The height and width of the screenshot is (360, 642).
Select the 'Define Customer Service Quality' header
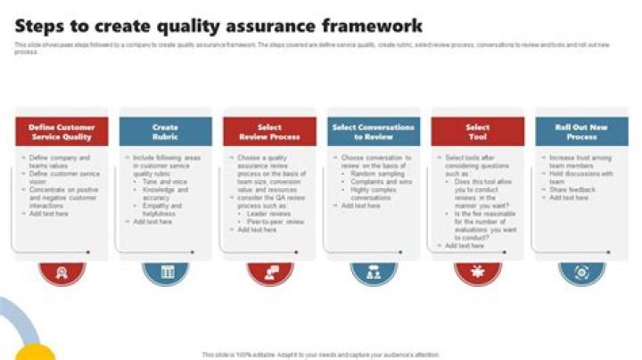61,132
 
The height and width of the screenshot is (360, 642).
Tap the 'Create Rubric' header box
165,132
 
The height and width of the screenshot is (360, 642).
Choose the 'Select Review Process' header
269,132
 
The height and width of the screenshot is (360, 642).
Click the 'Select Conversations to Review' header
374,132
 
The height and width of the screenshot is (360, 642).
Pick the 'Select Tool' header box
478,132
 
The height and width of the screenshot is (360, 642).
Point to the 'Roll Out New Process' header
581,132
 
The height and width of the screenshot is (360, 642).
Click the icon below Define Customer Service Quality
61,272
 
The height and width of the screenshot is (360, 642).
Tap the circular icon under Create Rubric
165,272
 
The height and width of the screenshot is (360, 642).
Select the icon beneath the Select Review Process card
269,272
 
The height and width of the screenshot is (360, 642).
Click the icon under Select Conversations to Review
374,272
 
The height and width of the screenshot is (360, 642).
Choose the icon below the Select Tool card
478,272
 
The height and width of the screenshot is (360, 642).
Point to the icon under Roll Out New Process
581,272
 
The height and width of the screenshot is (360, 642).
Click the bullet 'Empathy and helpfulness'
163,209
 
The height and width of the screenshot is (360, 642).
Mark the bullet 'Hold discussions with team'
578,177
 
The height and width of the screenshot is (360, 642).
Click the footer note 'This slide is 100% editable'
321,354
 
